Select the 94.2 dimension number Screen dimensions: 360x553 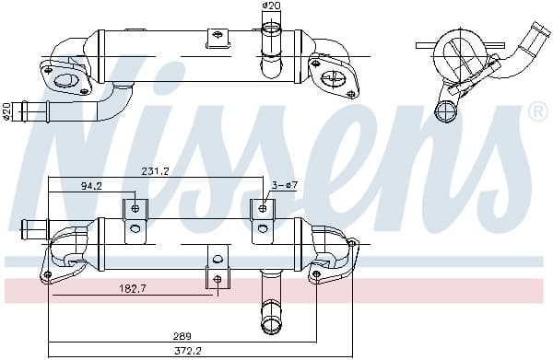point(91,185)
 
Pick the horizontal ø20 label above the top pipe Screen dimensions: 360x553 point(271,6)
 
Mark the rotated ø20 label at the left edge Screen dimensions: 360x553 point(6,111)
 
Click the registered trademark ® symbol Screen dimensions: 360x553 point(536,112)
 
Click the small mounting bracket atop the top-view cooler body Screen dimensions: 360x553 point(217,37)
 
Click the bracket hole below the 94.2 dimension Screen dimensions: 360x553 point(135,208)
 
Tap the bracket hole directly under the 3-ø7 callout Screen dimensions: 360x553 point(263,208)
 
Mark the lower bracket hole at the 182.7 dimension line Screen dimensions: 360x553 point(218,278)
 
